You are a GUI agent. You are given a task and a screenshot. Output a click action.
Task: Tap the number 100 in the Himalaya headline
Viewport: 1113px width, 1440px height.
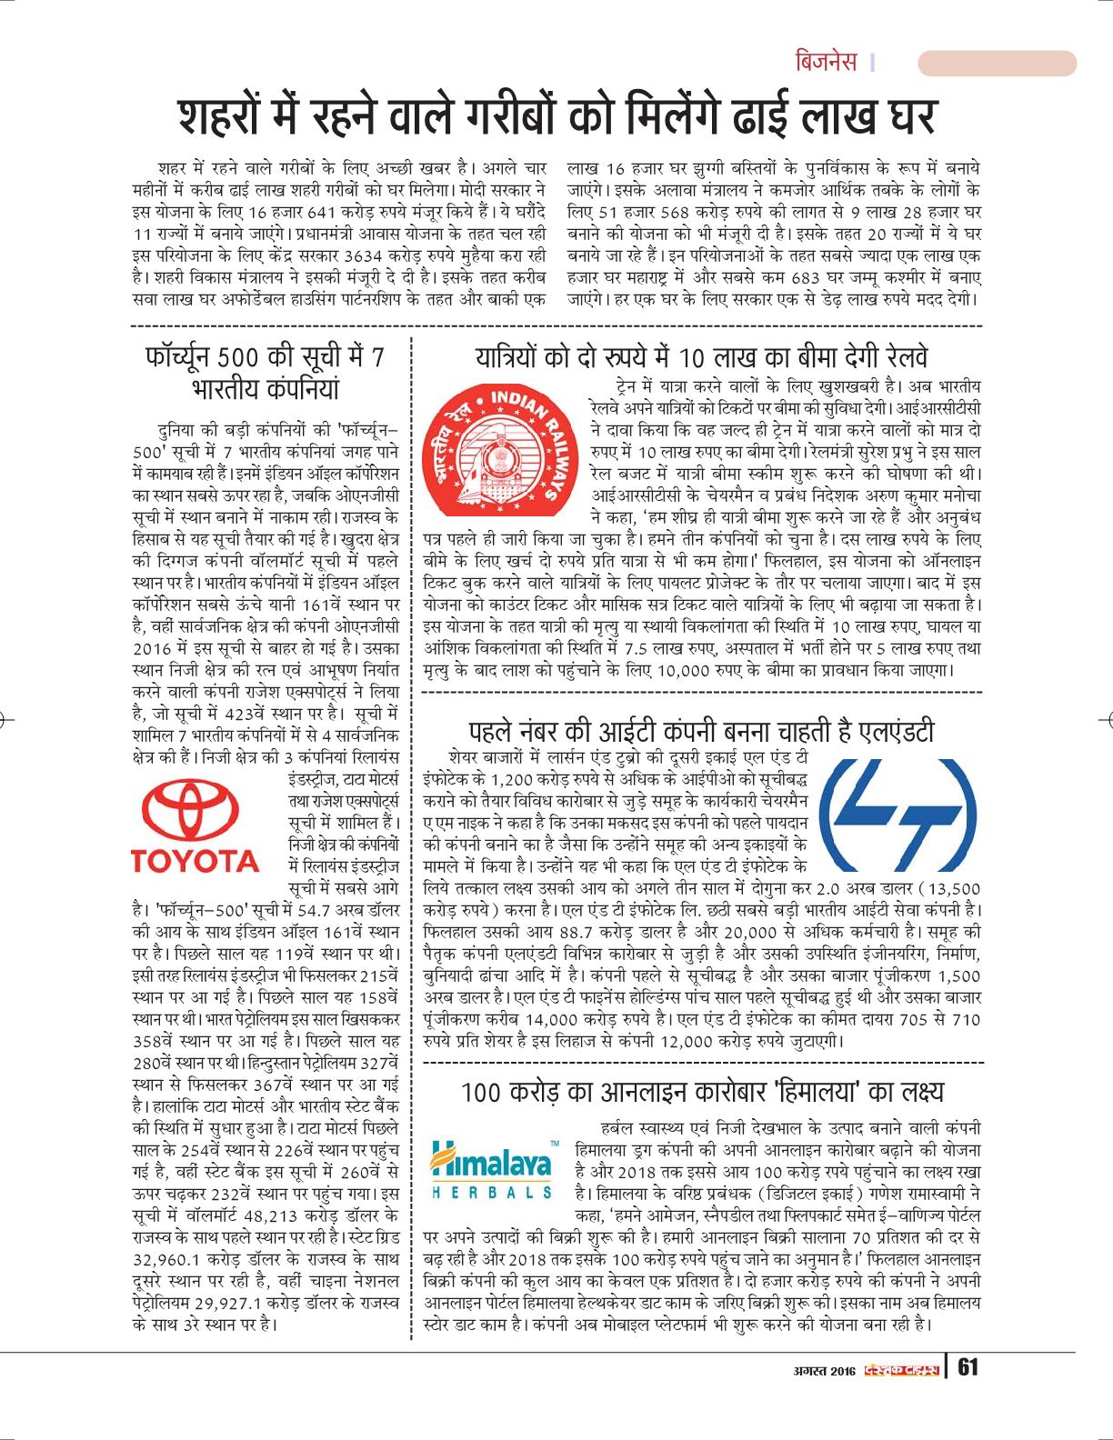point(485,1092)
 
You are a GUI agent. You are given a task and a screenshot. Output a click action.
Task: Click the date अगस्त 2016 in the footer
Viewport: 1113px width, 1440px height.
point(822,1369)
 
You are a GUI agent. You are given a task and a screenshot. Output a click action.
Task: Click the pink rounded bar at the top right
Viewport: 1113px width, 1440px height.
point(997,63)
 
